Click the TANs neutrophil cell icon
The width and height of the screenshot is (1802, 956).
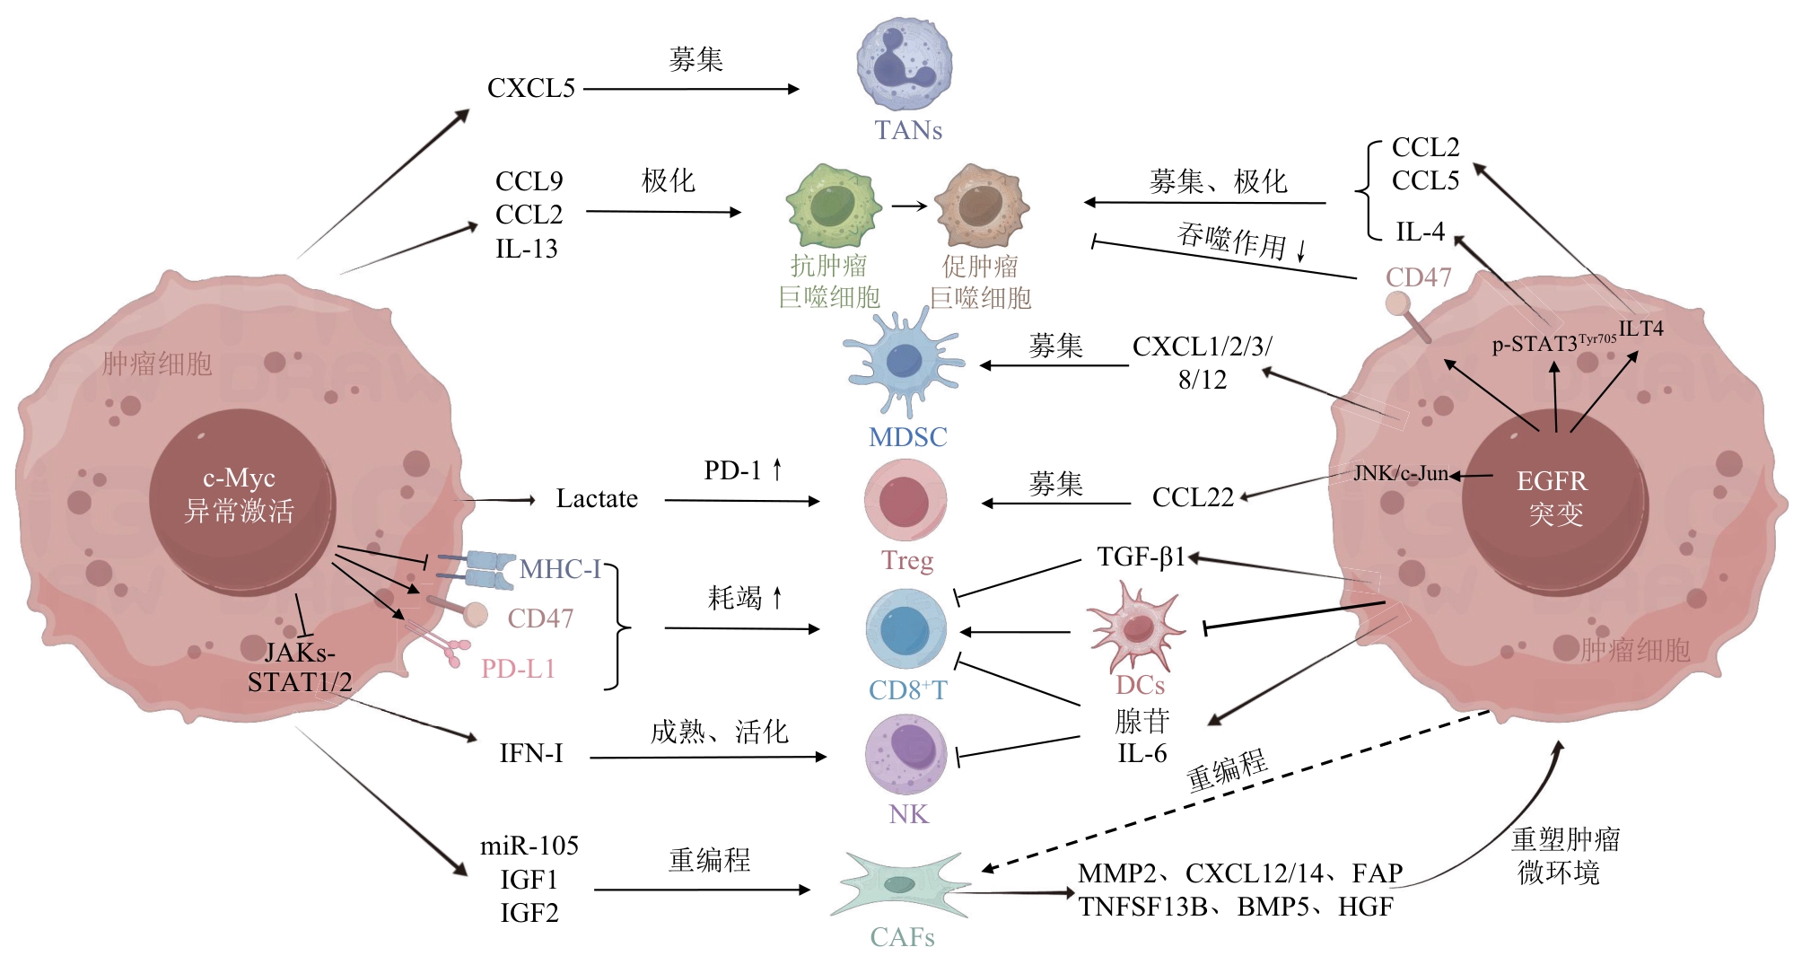(904, 66)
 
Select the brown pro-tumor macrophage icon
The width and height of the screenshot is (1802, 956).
(981, 206)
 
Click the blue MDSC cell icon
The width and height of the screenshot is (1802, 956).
(905, 364)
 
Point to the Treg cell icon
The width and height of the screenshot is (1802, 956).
(905, 500)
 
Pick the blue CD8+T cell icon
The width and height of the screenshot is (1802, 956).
(905, 629)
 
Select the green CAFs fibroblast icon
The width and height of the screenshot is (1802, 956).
(901, 884)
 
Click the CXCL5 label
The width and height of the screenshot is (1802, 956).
(530, 89)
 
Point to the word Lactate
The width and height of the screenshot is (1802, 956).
(597, 499)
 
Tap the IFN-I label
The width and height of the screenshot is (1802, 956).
(531, 753)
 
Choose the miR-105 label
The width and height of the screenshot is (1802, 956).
(529, 846)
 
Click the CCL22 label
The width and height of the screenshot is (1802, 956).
(1193, 497)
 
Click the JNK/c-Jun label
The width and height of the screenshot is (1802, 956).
(1400, 473)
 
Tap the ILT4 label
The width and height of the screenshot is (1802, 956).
(1640, 329)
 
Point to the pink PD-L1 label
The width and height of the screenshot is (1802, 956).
(518, 669)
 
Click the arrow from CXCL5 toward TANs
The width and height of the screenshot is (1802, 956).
(691, 89)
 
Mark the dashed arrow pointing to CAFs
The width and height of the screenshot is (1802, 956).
(1238, 791)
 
